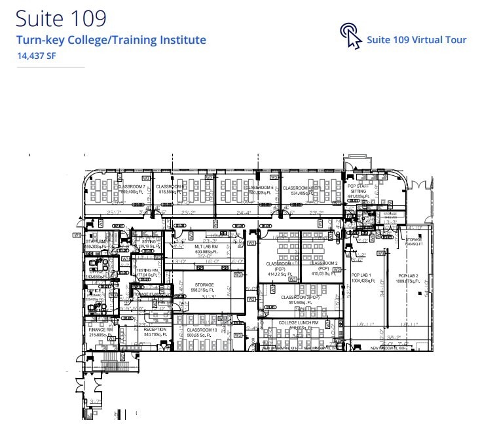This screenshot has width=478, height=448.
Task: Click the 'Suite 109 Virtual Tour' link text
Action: click(x=416, y=40)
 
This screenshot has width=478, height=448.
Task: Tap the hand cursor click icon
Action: click(x=351, y=37)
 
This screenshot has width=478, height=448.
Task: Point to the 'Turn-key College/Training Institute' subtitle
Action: click(x=111, y=40)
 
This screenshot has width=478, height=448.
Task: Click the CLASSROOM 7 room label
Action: click(x=132, y=187)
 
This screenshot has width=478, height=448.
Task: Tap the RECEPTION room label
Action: click(x=155, y=330)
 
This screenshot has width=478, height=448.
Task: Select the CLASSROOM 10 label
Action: click(x=202, y=330)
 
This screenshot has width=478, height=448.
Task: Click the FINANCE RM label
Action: click(x=101, y=330)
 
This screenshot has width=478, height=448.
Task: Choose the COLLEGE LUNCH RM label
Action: click(x=298, y=323)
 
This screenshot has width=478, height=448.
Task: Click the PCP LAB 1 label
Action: click(x=361, y=275)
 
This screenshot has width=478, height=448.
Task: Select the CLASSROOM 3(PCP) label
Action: click(x=298, y=297)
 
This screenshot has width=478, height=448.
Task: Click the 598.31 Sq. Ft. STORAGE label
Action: click(x=204, y=285)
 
